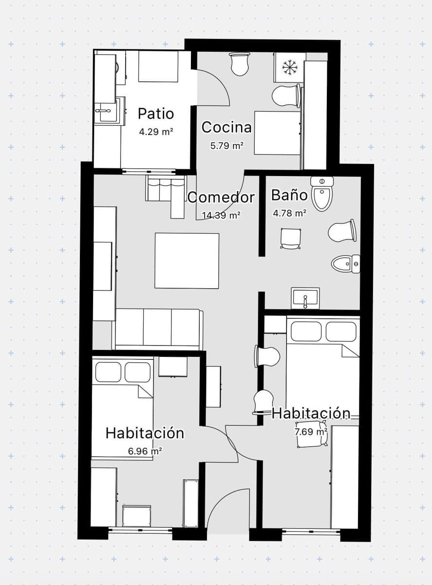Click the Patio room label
pos(156,114)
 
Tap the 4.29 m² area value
pos(156,131)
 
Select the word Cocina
pos(226,127)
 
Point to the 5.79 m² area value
pos(226,145)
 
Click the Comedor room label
pos(221,197)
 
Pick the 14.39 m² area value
pos(221,215)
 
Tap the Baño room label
pos(289,195)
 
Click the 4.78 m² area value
pos(289,213)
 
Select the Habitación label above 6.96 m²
pos(145,433)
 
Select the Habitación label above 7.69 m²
pos(311,413)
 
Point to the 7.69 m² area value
pos(311,431)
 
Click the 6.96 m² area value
pos(145,451)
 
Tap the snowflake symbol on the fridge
pos(290,67)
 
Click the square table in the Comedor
pos(187,260)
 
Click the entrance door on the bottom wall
pos(228,512)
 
